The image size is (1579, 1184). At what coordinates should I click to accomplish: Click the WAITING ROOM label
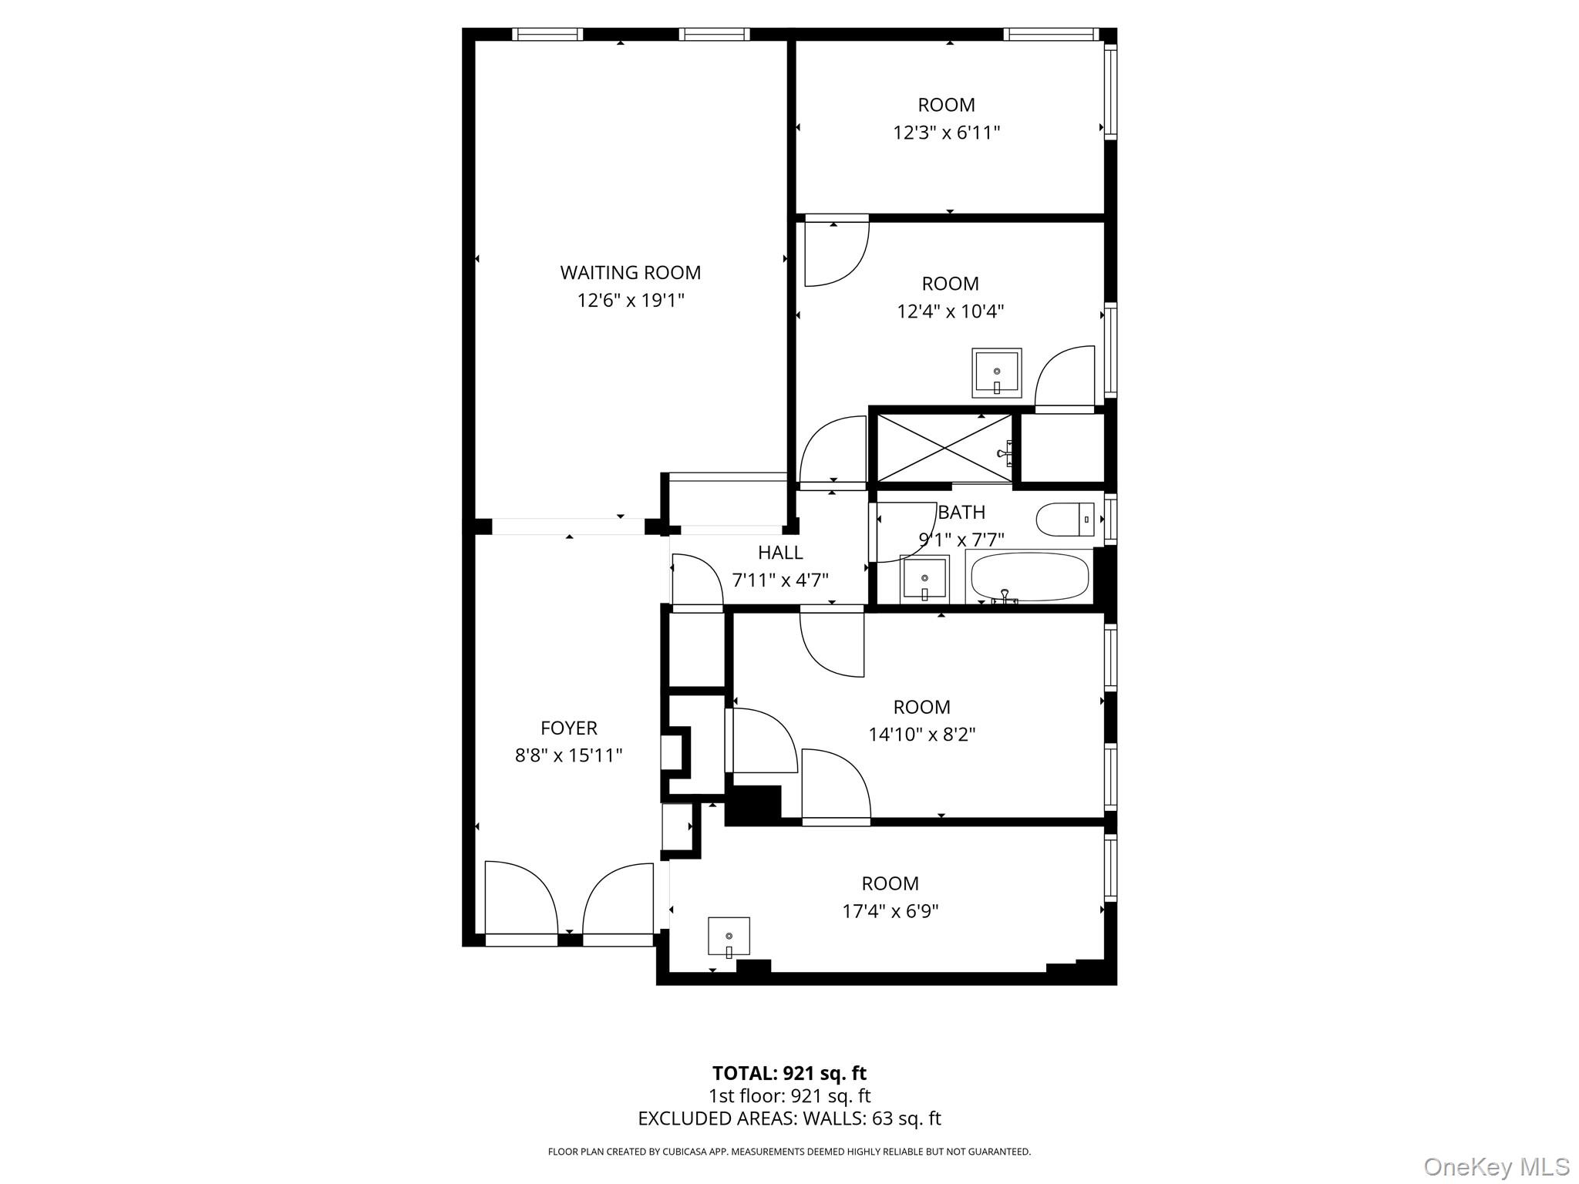630,273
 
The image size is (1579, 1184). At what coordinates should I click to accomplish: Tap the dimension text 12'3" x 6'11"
946,133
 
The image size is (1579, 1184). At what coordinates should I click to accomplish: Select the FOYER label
568,728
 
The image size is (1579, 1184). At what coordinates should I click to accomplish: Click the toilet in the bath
1065,519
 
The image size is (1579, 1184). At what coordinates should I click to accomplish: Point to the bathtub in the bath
1029,576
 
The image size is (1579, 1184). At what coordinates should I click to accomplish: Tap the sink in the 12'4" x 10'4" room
996,373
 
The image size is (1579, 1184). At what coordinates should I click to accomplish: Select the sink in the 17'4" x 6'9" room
729,937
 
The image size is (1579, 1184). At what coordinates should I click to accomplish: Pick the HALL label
779,553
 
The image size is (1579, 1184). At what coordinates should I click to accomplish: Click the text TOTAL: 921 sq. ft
789,1073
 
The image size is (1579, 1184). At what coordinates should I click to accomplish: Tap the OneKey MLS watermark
1496,1166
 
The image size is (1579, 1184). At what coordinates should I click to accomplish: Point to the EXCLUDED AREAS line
789,1118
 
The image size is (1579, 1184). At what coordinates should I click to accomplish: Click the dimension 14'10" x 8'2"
921,735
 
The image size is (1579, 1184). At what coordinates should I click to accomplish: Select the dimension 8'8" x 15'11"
568,755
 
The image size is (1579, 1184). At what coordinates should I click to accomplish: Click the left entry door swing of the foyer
518,898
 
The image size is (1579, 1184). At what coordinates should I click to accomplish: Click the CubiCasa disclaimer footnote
789,1152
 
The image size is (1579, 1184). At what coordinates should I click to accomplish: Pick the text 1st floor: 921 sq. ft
789,1096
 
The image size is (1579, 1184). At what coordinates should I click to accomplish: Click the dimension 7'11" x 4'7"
779,580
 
